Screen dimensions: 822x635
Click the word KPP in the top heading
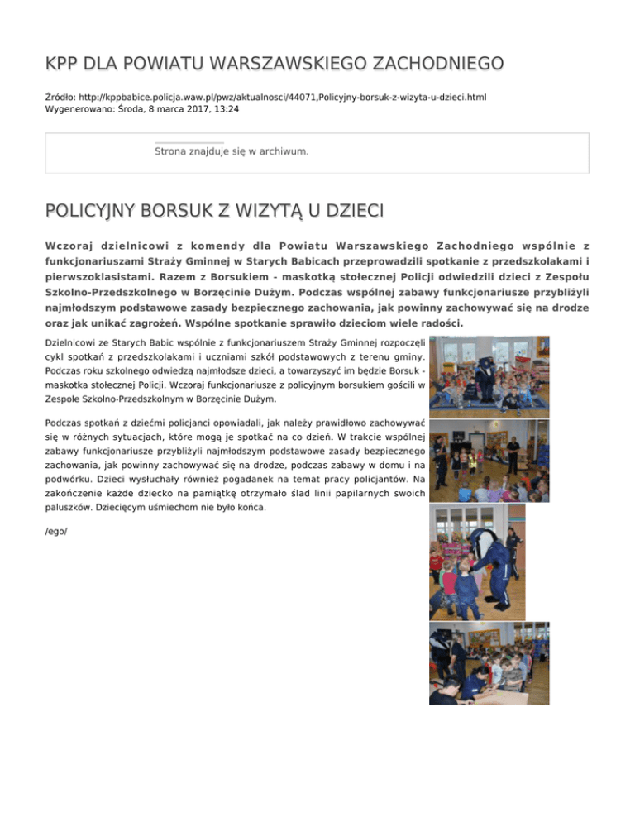(x=63, y=64)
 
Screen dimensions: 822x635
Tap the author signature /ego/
(x=56, y=530)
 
